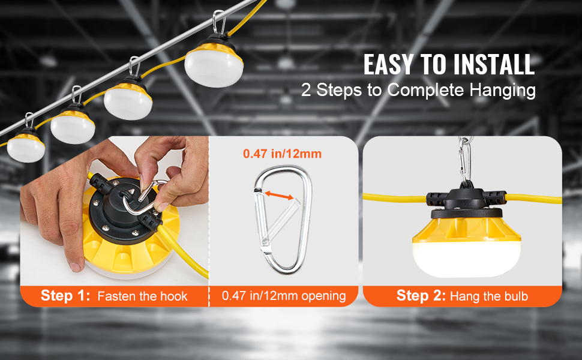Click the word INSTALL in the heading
point(494,64)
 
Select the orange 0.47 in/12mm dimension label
point(282,154)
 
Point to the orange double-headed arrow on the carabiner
point(279,196)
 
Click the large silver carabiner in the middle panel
point(283,220)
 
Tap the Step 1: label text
point(65,295)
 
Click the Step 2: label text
point(421,295)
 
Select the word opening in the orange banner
point(323,296)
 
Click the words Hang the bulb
point(489,296)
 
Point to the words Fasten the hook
point(143,296)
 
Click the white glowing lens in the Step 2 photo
point(467,259)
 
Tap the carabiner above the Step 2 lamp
point(464,160)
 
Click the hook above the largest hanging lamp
point(219,22)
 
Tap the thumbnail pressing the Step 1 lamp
point(75,266)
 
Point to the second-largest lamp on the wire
point(128,98)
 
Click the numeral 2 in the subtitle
point(306,90)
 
